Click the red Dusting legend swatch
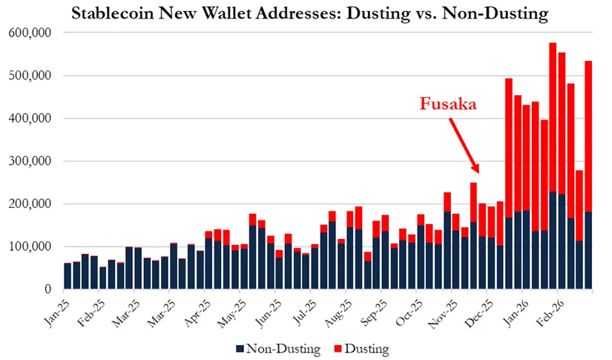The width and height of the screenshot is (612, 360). (339, 347)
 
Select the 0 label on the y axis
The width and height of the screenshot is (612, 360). (47, 289)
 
